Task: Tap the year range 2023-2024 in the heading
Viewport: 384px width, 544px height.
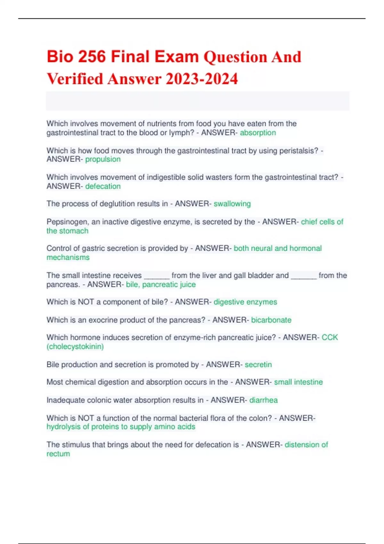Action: pyautogui.click(x=202, y=79)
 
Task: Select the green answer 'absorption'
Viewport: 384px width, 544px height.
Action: pyautogui.click(x=258, y=133)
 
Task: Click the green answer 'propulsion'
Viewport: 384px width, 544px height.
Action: pyautogui.click(x=103, y=159)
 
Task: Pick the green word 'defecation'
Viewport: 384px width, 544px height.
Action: pyautogui.click(x=103, y=186)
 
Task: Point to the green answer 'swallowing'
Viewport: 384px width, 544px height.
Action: pyautogui.click(x=232, y=204)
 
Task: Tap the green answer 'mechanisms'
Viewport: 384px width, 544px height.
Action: pyautogui.click(x=68, y=258)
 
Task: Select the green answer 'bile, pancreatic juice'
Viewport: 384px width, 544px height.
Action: pyautogui.click(x=161, y=284)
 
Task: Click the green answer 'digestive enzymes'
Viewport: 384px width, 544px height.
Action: pyautogui.click(x=245, y=302)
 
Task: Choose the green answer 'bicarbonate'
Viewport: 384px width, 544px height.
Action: pyautogui.click(x=271, y=320)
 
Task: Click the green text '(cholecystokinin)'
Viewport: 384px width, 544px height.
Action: pyautogui.click(x=75, y=347)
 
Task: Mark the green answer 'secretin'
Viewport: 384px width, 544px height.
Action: pyautogui.click(x=258, y=364)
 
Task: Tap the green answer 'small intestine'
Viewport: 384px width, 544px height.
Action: pyautogui.click(x=298, y=382)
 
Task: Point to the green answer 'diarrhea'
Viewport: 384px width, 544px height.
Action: pyautogui.click(x=263, y=400)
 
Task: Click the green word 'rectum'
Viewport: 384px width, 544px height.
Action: pyautogui.click(x=58, y=454)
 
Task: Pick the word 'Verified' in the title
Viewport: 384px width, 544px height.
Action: pyautogui.click(x=75, y=79)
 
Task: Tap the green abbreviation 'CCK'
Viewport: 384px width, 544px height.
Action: pyautogui.click(x=330, y=338)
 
